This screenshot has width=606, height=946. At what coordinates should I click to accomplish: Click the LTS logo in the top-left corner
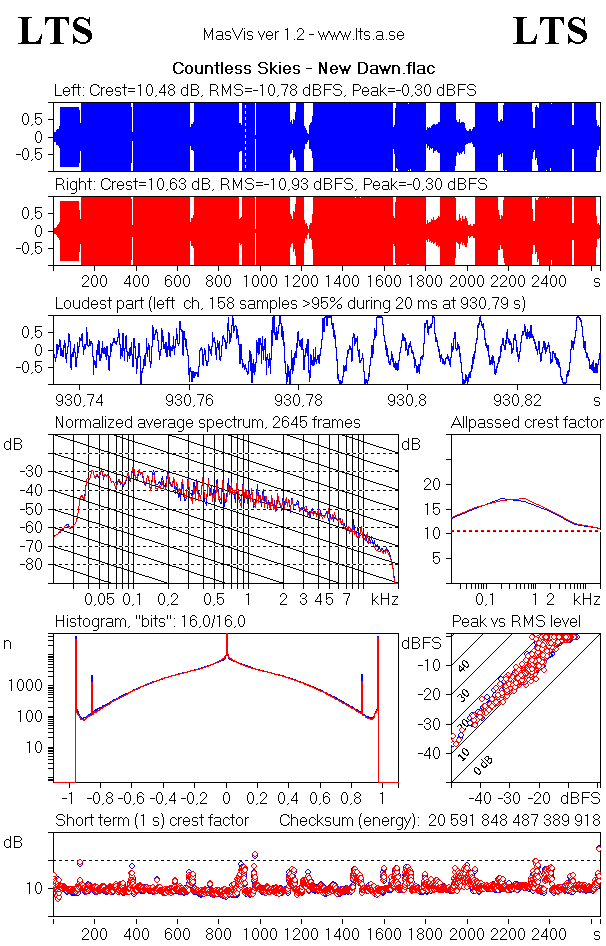click(x=56, y=31)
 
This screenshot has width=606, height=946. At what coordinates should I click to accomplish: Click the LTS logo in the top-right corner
click(x=550, y=31)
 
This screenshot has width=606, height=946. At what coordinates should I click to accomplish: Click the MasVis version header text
click(x=303, y=34)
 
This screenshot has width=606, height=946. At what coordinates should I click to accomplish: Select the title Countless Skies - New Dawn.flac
click(x=303, y=69)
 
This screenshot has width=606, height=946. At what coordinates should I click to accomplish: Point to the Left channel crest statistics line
click(x=265, y=90)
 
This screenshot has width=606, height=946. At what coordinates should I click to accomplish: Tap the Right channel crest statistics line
click(x=270, y=185)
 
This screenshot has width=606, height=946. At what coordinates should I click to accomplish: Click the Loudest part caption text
click(x=290, y=302)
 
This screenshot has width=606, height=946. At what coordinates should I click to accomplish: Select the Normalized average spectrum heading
click(x=207, y=422)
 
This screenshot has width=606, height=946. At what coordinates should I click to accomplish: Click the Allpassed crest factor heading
click(x=527, y=422)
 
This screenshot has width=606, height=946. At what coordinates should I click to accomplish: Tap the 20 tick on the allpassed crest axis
click(x=432, y=484)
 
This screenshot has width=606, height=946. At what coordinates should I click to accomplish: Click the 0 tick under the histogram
click(x=227, y=799)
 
